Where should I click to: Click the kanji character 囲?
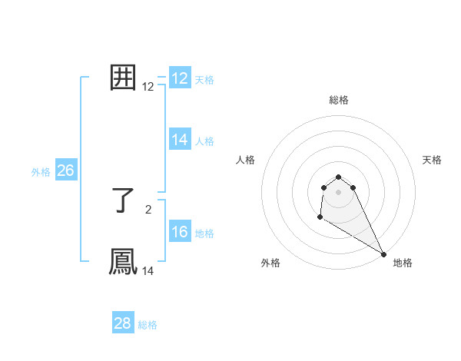pyautogui.click(x=124, y=78)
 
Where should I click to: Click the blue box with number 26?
pyautogui.click(x=65, y=171)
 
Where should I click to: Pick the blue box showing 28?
pyautogui.click(x=123, y=323)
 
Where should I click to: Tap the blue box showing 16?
pyautogui.click(x=180, y=232)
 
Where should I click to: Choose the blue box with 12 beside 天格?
pyautogui.click(x=180, y=78)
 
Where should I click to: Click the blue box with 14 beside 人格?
pyautogui.click(x=180, y=140)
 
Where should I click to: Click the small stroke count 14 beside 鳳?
pyautogui.click(x=148, y=270)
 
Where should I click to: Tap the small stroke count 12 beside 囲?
pyautogui.click(x=148, y=87)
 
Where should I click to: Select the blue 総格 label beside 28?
pyautogui.click(x=148, y=325)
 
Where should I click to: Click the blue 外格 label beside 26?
pyautogui.click(x=41, y=172)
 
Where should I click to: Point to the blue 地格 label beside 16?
pyautogui.click(x=204, y=233)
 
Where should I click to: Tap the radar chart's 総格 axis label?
pyautogui.click(x=339, y=100)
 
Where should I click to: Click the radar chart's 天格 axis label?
pyautogui.click(x=432, y=160)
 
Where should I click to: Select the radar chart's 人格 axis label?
pyautogui.click(x=245, y=160)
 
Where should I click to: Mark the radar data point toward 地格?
pyautogui.click(x=384, y=254)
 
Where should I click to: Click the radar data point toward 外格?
pyautogui.click(x=320, y=218)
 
